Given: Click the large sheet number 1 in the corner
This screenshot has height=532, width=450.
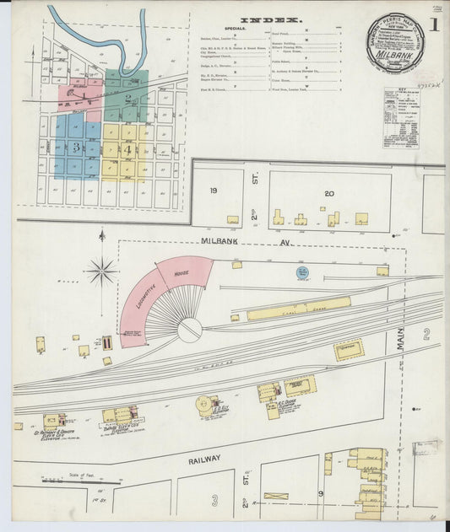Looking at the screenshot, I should pyautogui.click(x=433, y=24).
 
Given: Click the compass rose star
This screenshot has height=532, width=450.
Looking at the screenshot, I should pyautogui.click(x=100, y=271).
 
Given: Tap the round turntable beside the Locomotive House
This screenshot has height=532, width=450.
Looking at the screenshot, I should pyautogui.click(x=190, y=329).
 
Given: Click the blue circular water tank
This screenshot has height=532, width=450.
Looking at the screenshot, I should pyautogui.click(x=301, y=272).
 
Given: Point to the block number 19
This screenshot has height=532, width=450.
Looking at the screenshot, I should pyautogui.click(x=214, y=191).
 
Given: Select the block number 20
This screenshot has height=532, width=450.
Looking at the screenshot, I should pyautogui.click(x=328, y=193).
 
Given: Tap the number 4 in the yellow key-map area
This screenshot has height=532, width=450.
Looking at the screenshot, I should pyautogui.click(x=127, y=150).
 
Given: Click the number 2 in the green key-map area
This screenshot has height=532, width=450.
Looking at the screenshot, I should pyautogui.click(x=127, y=98).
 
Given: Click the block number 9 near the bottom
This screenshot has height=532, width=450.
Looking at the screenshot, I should pyautogui.click(x=321, y=492).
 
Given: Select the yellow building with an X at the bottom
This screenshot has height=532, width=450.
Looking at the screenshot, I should pyautogui.click(x=275, y=497).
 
